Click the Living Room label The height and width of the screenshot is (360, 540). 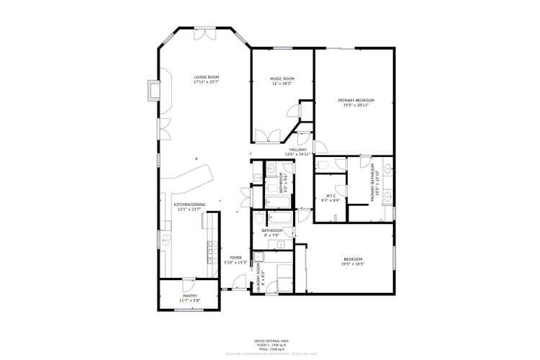[206, 79]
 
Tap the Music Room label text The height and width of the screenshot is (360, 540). [282, 81]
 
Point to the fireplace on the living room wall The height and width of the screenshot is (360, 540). [151, 90]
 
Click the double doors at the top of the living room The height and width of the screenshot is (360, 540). [206, 33]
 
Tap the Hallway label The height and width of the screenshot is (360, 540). [297, 151]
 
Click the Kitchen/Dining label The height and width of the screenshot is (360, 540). [189, 207]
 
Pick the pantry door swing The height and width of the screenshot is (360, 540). [189, 283]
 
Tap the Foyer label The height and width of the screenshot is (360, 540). [235, 259]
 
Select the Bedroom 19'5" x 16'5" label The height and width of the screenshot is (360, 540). [353, 261]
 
